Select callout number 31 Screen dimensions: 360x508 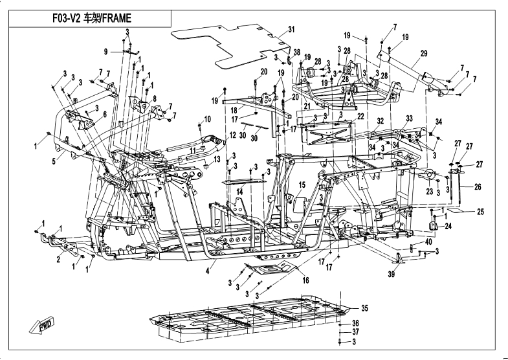click(291, 30)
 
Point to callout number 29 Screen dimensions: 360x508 click(425, 53)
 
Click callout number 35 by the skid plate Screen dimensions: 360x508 click(364, 308)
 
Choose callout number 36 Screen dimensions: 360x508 click(355, 323)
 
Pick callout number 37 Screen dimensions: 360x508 click(355, 332)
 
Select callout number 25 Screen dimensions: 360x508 click(481, 212)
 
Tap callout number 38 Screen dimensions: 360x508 click(296, 52)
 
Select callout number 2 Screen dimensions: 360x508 click(58, 259)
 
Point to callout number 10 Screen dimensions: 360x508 click(208, 118)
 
